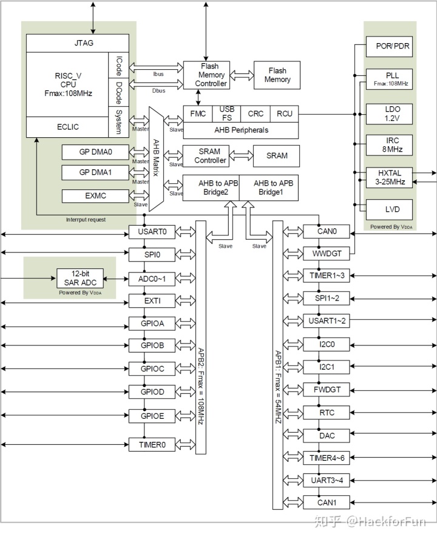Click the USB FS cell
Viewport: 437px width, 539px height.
pyautogui.click(x=226, y=113)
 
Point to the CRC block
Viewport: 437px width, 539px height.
pyautogui.click(x=256, y=114)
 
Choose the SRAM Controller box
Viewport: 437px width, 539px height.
pyautogui.click(x=210, y=156)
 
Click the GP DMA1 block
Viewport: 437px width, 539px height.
pyautogui.click(x=96, y=173)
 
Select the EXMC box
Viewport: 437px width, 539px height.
pyautogui.click(x=96, y=196)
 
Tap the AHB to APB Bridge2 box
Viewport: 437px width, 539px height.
pyautogui.click(x=211, y=189)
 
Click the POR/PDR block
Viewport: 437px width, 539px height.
pyautogui.click(x=390, y=47)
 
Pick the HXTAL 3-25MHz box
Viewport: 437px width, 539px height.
pyautogui.click(x=390, y=177)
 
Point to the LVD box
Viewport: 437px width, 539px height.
pyautogui.click(x=390, y=210)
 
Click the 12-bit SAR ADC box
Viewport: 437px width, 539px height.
pyautogui.click(x=80, y=278)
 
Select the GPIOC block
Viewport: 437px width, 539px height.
pyautogui.click(x=152, y=369)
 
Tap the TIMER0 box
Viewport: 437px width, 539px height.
pyautogui.click(x=152, y=445)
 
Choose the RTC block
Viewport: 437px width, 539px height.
pyautogui.click(x=326, y=413)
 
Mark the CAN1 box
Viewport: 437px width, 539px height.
pyautogui.click(x=326, y=503)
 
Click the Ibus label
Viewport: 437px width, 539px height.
pyautogui.click(x=159, y=74)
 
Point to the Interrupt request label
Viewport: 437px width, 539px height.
pyautogui.click(x=86, y=219)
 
